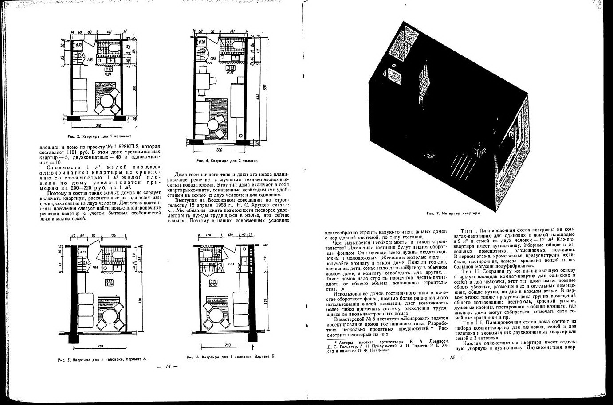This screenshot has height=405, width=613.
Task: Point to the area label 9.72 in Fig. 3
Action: pyautogui.click(x=108, y=69)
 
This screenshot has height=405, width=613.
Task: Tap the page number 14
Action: pyautogui.click(x=168, y=366)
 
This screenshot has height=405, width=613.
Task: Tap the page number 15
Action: pyautogui.click(x=452, y=358)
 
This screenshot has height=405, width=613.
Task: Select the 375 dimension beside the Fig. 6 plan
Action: pyautogui.click(x=265, y=303)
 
